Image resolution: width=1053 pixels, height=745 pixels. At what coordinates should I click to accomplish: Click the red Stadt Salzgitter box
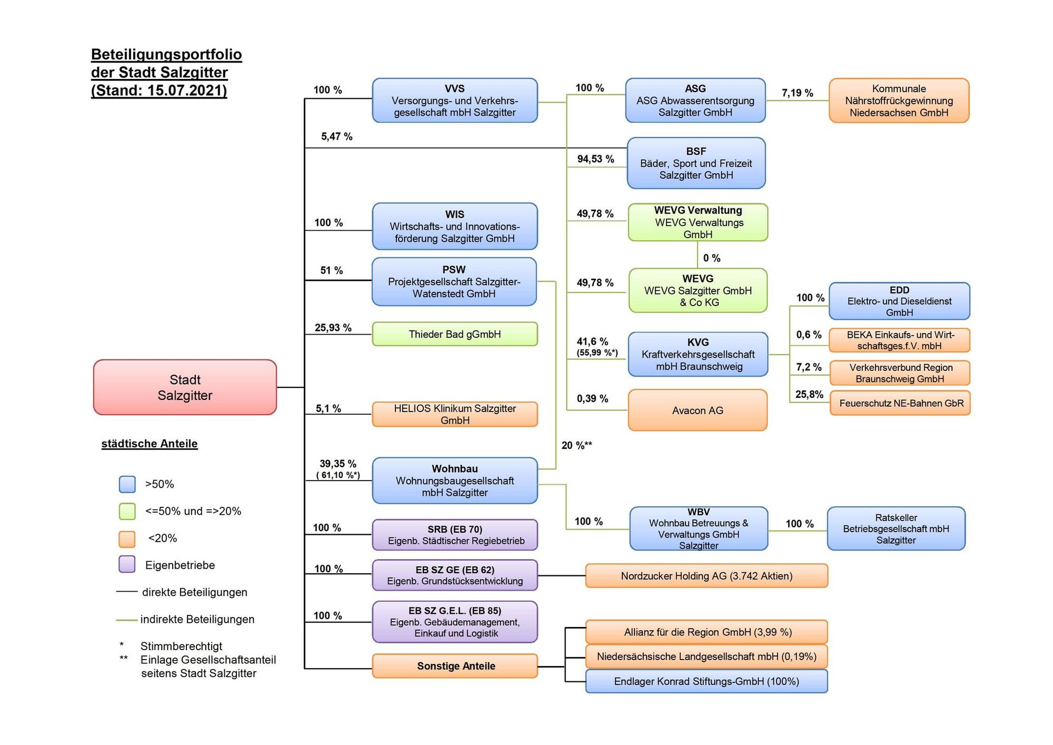coord(185,387)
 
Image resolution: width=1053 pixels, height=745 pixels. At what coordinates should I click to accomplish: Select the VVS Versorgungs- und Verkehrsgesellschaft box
coord(455,100)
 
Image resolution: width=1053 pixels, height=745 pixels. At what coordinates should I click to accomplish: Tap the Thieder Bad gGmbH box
coord(455,334)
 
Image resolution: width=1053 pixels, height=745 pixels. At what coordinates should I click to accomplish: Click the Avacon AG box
coord(698,410)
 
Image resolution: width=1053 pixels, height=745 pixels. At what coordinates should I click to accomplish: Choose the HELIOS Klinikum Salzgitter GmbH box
coord(455,414)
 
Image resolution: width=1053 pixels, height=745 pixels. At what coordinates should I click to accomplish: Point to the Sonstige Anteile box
coord(455,666)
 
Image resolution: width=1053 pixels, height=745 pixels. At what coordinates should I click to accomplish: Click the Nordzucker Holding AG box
coord(706,576)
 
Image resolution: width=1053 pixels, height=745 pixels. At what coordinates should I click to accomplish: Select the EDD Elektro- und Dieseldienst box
coord(899,301)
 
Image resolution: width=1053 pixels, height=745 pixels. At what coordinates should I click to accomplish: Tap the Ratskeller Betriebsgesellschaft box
coord(896,529)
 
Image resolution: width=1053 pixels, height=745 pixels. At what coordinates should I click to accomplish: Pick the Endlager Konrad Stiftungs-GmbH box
coord(706,681)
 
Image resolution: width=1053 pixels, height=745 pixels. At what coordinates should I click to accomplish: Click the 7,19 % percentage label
coord(797,93)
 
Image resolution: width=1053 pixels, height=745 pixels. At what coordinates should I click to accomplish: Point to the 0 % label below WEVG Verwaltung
coord(712,258)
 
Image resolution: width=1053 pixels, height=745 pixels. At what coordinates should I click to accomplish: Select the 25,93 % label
coord(333,328)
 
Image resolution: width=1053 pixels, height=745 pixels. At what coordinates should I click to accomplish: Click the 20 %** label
coord(576,445)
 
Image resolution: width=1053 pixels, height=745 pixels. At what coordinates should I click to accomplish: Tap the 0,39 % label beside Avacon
coord(592,399)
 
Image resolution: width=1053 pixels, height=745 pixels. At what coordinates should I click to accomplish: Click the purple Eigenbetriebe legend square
coord(127,565)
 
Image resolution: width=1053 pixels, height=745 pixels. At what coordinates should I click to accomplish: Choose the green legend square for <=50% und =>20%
coord(127,511)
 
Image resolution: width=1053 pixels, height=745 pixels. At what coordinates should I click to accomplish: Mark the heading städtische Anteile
coord(149,444)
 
